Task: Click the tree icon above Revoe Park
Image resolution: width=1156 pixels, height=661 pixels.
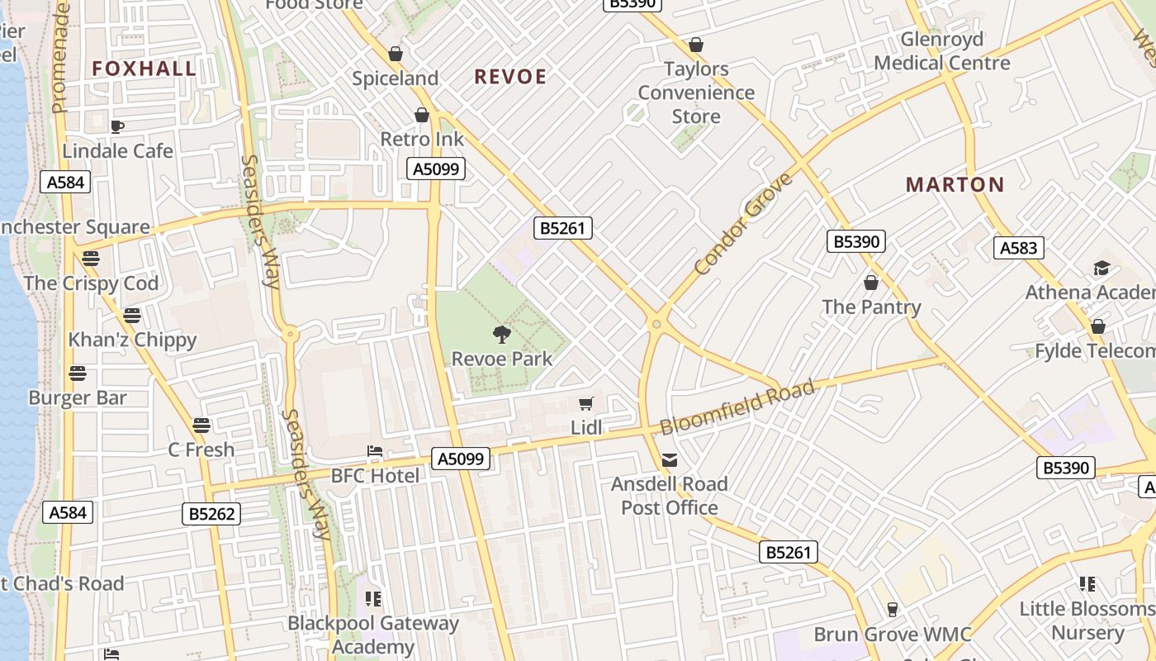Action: tap(501, 335)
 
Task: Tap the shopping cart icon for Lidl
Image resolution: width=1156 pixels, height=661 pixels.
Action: tap(586, 403)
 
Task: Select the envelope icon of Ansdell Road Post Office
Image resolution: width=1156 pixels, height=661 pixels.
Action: tap(670, 459)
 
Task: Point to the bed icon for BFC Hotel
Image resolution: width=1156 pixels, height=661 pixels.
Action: tap(375, 452)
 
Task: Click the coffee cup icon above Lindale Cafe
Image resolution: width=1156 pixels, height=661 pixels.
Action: tap(117, 126)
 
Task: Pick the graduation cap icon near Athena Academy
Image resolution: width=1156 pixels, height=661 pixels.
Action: tap(1102, 268)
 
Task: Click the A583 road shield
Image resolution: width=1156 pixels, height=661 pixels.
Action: tap(1020, 248)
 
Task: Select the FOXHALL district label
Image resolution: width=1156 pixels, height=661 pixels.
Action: tap(144, 69)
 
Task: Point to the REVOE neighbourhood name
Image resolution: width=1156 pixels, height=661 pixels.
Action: tap(510, 77)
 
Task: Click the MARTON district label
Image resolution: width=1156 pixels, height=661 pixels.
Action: tap(955, 184)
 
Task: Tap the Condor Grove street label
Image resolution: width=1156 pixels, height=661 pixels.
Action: tap(743, 224)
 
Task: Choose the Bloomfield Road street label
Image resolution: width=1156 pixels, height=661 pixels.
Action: tap(737, 407)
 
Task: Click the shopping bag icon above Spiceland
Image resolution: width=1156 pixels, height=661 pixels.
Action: tap(396, 54)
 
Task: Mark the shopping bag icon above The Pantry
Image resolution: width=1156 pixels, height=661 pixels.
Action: tap(870, 283)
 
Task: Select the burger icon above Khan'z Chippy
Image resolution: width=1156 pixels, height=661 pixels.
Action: tap(132, 315)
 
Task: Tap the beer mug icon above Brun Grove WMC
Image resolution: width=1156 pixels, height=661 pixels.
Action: tap(892, 610)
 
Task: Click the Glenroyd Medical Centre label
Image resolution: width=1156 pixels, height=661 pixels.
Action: tap(942, 51)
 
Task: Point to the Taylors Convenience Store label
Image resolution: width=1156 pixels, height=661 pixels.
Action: tap(696, 93)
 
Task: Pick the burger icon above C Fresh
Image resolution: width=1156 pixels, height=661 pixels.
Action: tap(201, 426)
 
